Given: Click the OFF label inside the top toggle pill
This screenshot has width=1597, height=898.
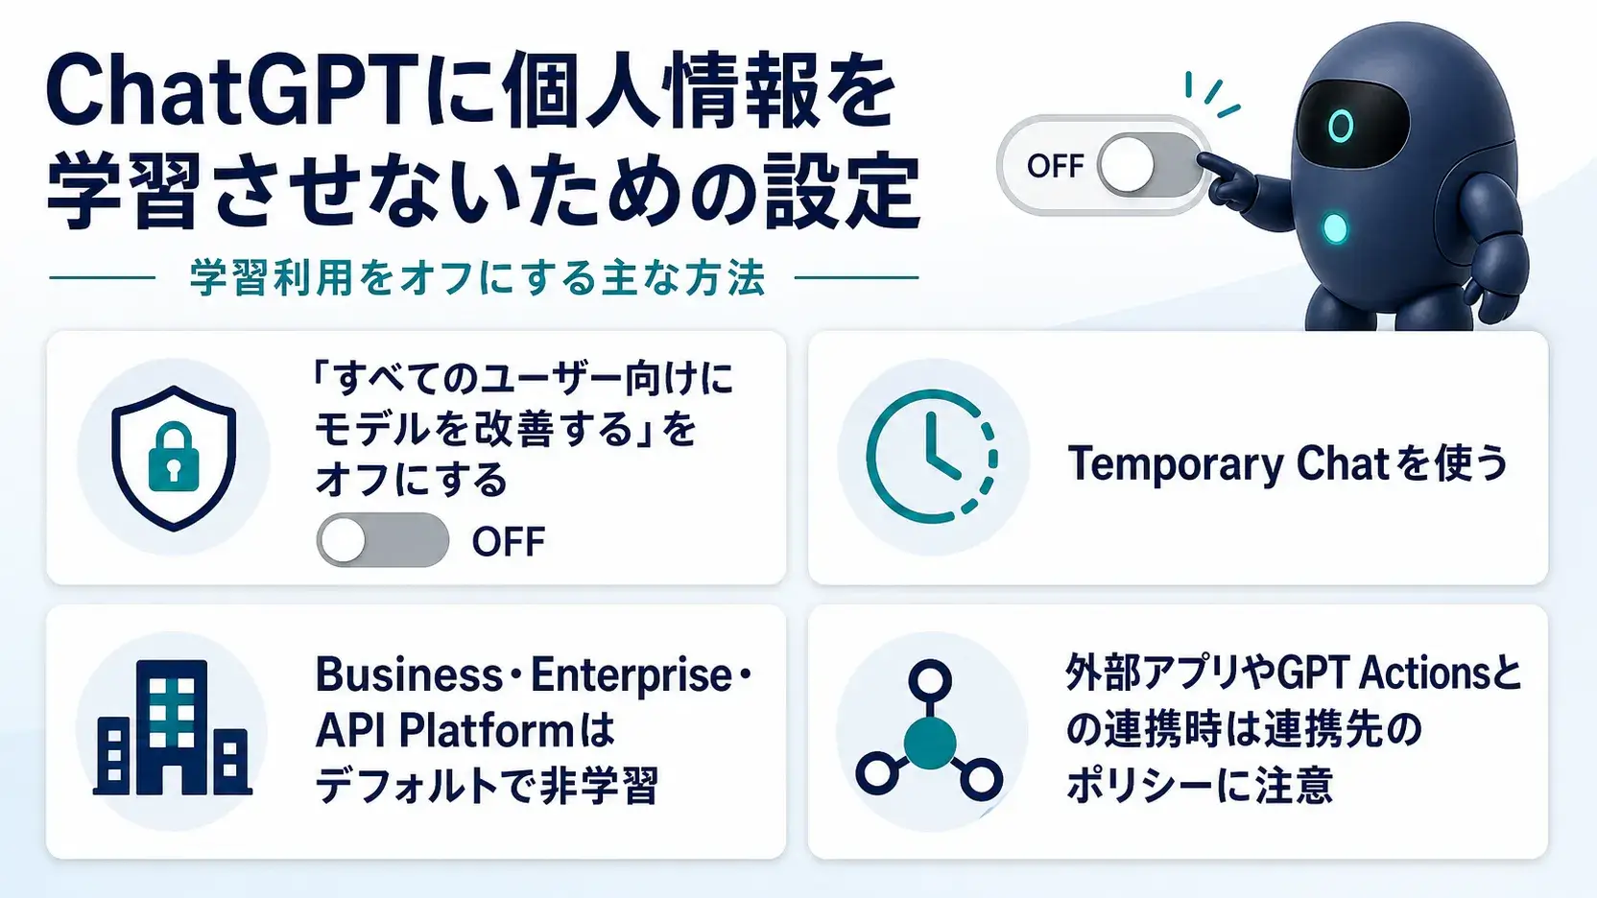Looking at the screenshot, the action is coord(1055,165).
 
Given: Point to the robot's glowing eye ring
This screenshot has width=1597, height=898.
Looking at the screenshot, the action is coord(1341,126).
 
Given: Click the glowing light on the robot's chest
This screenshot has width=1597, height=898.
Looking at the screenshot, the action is coord(1335,229).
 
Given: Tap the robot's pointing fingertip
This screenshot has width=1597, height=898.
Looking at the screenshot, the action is coord(1204,160).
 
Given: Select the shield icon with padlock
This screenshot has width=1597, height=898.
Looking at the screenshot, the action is coord(174,458).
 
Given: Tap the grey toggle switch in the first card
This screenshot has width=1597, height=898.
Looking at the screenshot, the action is coord(383,539).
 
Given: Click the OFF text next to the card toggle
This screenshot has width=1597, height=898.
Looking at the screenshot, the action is coord(509,541).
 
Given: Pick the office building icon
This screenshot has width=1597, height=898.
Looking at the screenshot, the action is coord(173,727).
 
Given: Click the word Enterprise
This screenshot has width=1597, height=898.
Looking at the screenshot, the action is coord(632,674).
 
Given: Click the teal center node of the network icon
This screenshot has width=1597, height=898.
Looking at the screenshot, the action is coord(930,743).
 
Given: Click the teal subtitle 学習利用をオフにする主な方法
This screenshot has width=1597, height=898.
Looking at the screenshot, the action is coord(477,278).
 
